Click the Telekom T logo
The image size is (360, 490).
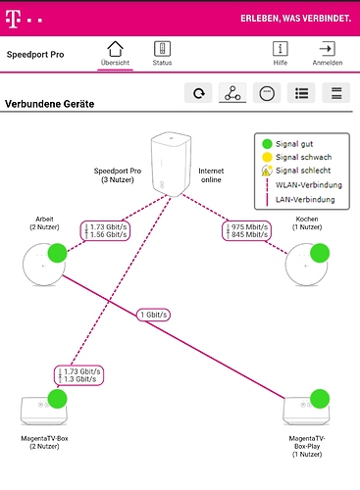(x=13, y=19)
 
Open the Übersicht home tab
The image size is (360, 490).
(x=115, y=49)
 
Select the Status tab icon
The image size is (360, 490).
(x=162, y=49)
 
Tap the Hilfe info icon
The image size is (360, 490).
(x=281, y=49)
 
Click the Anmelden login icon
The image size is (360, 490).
(x=328, y=49)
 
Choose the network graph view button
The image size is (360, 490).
(x=232, y=93)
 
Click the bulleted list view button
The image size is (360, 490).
(x=301, y=93)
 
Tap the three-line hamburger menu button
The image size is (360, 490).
(x=336, y=93)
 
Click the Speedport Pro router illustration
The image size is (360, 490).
(x=171, y=165)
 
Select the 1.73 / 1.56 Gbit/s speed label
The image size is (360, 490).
(x=105, y=231)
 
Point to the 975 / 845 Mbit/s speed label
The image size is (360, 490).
(x=246, y=231)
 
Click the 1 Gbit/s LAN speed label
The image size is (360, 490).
(x=153, y=315)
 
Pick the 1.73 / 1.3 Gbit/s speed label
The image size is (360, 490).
(x=78, y=375)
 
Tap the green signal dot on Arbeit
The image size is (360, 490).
(x=58, y=253)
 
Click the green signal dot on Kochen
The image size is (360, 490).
(x=320, y=253)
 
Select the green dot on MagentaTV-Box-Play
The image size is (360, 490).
(x=320, y=399)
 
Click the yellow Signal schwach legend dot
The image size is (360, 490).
(x=267, y=157)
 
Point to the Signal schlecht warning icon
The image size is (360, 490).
(x=267, y=171)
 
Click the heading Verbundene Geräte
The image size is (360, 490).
(x=50, y=104)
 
